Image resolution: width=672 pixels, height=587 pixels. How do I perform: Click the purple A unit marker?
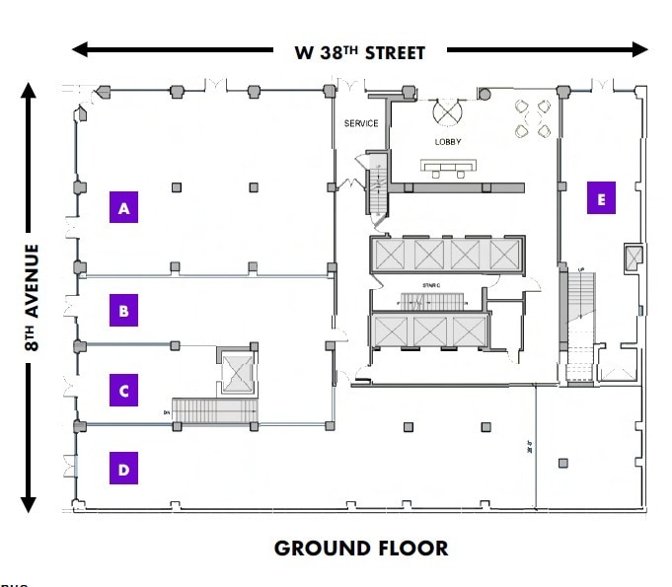[124, 208]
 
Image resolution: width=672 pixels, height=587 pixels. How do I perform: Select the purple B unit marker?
[124, 312]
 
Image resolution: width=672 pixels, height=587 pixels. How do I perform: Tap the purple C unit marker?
[124, 391]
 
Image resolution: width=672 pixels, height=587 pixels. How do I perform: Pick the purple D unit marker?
[124, 470]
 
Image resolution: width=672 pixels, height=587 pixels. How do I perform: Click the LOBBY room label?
[448, 142]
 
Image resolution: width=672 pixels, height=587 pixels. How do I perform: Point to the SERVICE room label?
[361, 123]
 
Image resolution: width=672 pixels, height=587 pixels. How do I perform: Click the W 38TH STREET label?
[360, 52]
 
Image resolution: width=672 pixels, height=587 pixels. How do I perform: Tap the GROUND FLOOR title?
[360, 549]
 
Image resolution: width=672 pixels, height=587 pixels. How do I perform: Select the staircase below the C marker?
[214, 410]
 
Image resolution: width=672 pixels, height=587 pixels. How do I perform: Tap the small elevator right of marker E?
[634, 258]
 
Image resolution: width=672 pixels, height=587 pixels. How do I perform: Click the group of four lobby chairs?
[532, 117]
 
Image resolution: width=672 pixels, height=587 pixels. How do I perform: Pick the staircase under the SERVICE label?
[376, 185]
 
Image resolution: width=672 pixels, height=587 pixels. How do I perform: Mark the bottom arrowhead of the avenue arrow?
[28, 502]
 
